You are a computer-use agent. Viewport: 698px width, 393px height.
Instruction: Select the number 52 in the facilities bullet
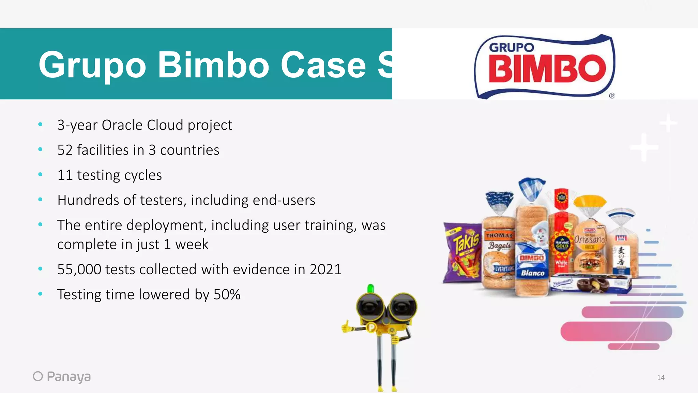point(65,150)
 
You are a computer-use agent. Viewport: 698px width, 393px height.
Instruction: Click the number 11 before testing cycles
point(65,175)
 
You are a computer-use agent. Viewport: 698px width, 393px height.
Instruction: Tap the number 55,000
point(79,270)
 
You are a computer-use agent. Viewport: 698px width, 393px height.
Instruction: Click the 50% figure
point(227,294)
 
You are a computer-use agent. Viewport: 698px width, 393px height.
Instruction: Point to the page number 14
point(661,378)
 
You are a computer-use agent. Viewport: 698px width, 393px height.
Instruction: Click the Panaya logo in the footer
point(62,376)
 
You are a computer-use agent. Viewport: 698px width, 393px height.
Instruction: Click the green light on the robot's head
point(370,289)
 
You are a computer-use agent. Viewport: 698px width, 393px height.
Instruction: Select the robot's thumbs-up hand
point(347,327)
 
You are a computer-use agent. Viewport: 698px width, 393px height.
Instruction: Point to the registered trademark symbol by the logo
point(612,96)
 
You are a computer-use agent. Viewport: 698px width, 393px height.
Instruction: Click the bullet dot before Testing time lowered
point(41,294)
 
